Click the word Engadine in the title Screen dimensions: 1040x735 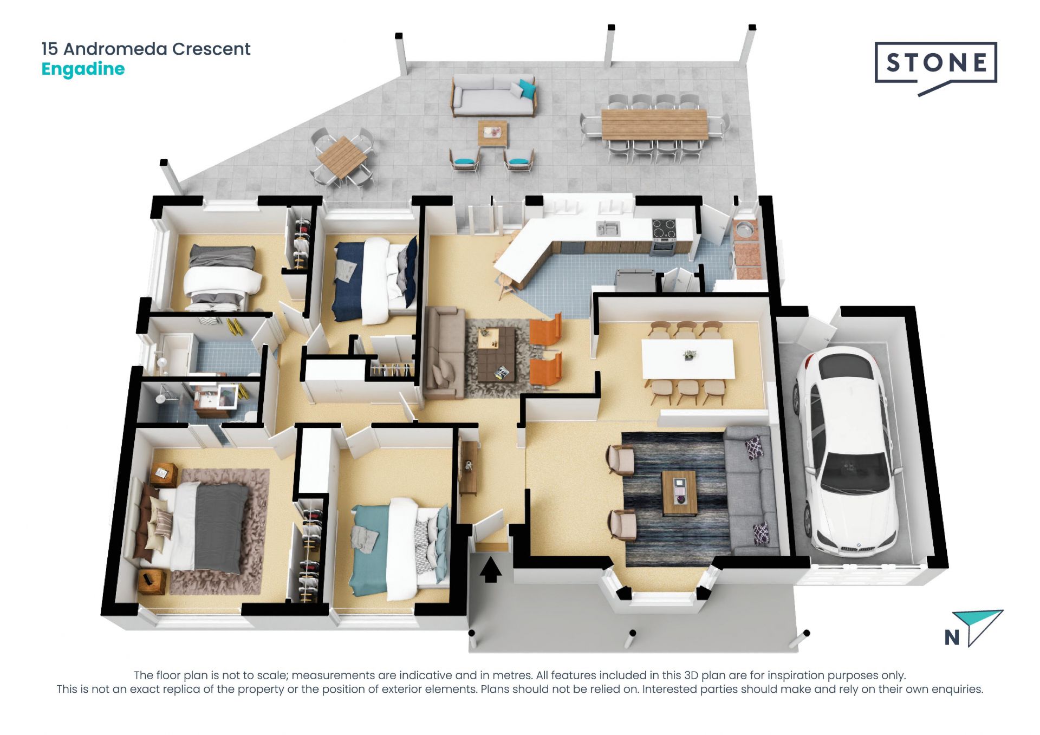pos(83,69)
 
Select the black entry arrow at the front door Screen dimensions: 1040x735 pos(490,570)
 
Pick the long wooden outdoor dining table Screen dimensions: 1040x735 pos(654,124)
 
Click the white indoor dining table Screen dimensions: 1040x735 pos(688,359)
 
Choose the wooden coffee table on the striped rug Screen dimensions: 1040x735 pos(679,493)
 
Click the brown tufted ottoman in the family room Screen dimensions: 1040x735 pos(496,354)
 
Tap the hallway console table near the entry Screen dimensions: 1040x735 pos(467,467)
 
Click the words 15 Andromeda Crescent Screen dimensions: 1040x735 pos(146,49)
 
